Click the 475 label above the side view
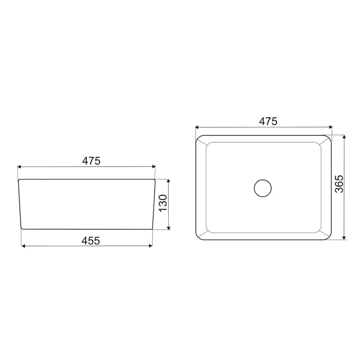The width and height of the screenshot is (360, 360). pos(91,161)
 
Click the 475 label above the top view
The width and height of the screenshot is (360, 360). pos(268,121)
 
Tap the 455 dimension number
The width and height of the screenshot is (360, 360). pos(91,240)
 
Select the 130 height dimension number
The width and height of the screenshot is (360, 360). pos(163,203)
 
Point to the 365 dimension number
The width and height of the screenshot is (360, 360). pos(339,184)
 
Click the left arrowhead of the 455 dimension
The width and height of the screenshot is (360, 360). pos(23,246)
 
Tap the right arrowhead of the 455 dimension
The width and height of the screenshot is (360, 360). pos(151,246)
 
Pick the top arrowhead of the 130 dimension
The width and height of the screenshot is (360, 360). pos(169,181)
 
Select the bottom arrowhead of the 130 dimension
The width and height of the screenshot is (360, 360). pos(169,228)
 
